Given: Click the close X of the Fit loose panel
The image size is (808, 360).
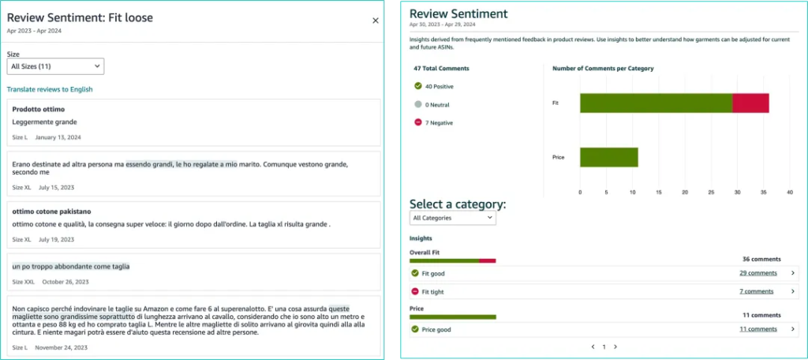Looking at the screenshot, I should [376, 21].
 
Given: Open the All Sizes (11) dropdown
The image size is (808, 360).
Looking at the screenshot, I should [55, 66].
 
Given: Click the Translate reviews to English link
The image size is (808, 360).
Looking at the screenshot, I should [50, 89].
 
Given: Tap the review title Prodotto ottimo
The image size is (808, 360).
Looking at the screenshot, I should [39, 109].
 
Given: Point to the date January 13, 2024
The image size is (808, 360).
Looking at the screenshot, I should [58, 137].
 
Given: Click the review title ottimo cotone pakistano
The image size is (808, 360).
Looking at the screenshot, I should [52, 212].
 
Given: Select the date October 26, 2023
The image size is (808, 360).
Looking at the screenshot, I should [65, 282].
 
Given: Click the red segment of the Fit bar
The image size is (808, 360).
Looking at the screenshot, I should [750, 103].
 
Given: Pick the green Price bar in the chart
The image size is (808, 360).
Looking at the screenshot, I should [609, 157].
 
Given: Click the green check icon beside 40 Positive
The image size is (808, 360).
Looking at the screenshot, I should [418, 86].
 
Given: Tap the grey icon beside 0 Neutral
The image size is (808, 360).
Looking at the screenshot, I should [418, 104].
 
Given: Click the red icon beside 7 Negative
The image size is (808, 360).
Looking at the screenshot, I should [418, 122].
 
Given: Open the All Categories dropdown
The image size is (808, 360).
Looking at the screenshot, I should [453, 217].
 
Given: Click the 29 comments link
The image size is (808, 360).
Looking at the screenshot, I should [757, 273].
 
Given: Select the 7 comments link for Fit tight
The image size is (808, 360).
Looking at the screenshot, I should [756, 291].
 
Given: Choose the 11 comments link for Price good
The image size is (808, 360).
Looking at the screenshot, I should [757, 329].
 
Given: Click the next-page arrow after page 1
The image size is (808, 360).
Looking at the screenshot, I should [615, 347].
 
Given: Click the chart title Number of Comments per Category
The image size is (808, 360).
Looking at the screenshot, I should [603, 69].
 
